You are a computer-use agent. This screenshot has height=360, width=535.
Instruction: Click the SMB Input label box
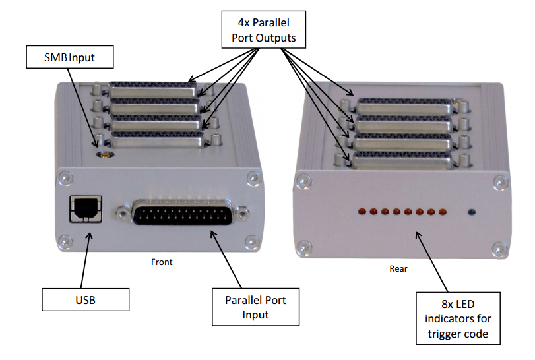click(69, 57)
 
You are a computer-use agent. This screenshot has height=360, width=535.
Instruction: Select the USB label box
click(85, 299)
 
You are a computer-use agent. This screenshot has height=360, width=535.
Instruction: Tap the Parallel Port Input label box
click(255, 307)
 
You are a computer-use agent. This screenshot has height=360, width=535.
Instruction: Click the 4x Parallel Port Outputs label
click(264, 30)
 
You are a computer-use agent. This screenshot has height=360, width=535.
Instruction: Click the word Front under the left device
click(162, 262)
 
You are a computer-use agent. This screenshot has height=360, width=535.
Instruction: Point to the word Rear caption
click(398, 268)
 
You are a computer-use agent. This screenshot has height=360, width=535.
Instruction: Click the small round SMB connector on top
click(104, 156)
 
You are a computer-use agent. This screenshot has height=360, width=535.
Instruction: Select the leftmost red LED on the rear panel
click(362, 212)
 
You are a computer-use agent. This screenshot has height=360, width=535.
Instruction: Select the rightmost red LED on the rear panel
click(442, 212)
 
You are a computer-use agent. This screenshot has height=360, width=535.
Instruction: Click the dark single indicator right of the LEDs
click(471, 212)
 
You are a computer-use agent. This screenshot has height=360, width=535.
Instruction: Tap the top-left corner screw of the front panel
click(65, 177)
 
